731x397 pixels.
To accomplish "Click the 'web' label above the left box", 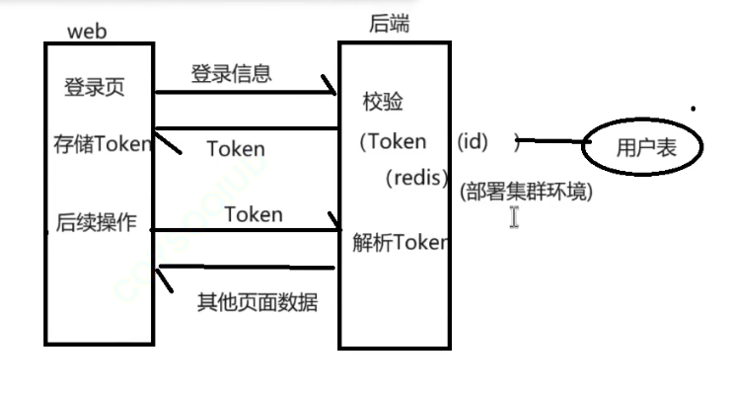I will (x=87, y=31).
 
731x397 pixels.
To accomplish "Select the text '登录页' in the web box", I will (x=95, y=87).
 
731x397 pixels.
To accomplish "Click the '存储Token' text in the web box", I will (x=103, y=144).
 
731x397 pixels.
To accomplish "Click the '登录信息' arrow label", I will (x=231, y=73).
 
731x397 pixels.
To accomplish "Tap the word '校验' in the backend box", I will (x=384, y=102).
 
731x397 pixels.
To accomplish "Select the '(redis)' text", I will (x=418, y=179).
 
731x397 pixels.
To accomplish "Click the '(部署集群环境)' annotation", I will (x=526, y=192).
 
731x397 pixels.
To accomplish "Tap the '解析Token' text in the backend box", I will (x=400, y=243).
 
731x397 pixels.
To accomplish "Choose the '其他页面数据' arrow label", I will (x=258, y=302).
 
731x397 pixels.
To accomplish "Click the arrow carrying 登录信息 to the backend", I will (x=247, y=93).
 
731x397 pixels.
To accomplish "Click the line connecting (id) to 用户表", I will (x=548, y=141).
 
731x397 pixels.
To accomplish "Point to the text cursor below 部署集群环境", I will (x=514, y=217).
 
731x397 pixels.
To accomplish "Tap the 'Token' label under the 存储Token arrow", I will (x=236, y=149).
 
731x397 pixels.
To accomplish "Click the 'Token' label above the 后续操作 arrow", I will (x=254, y=214).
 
